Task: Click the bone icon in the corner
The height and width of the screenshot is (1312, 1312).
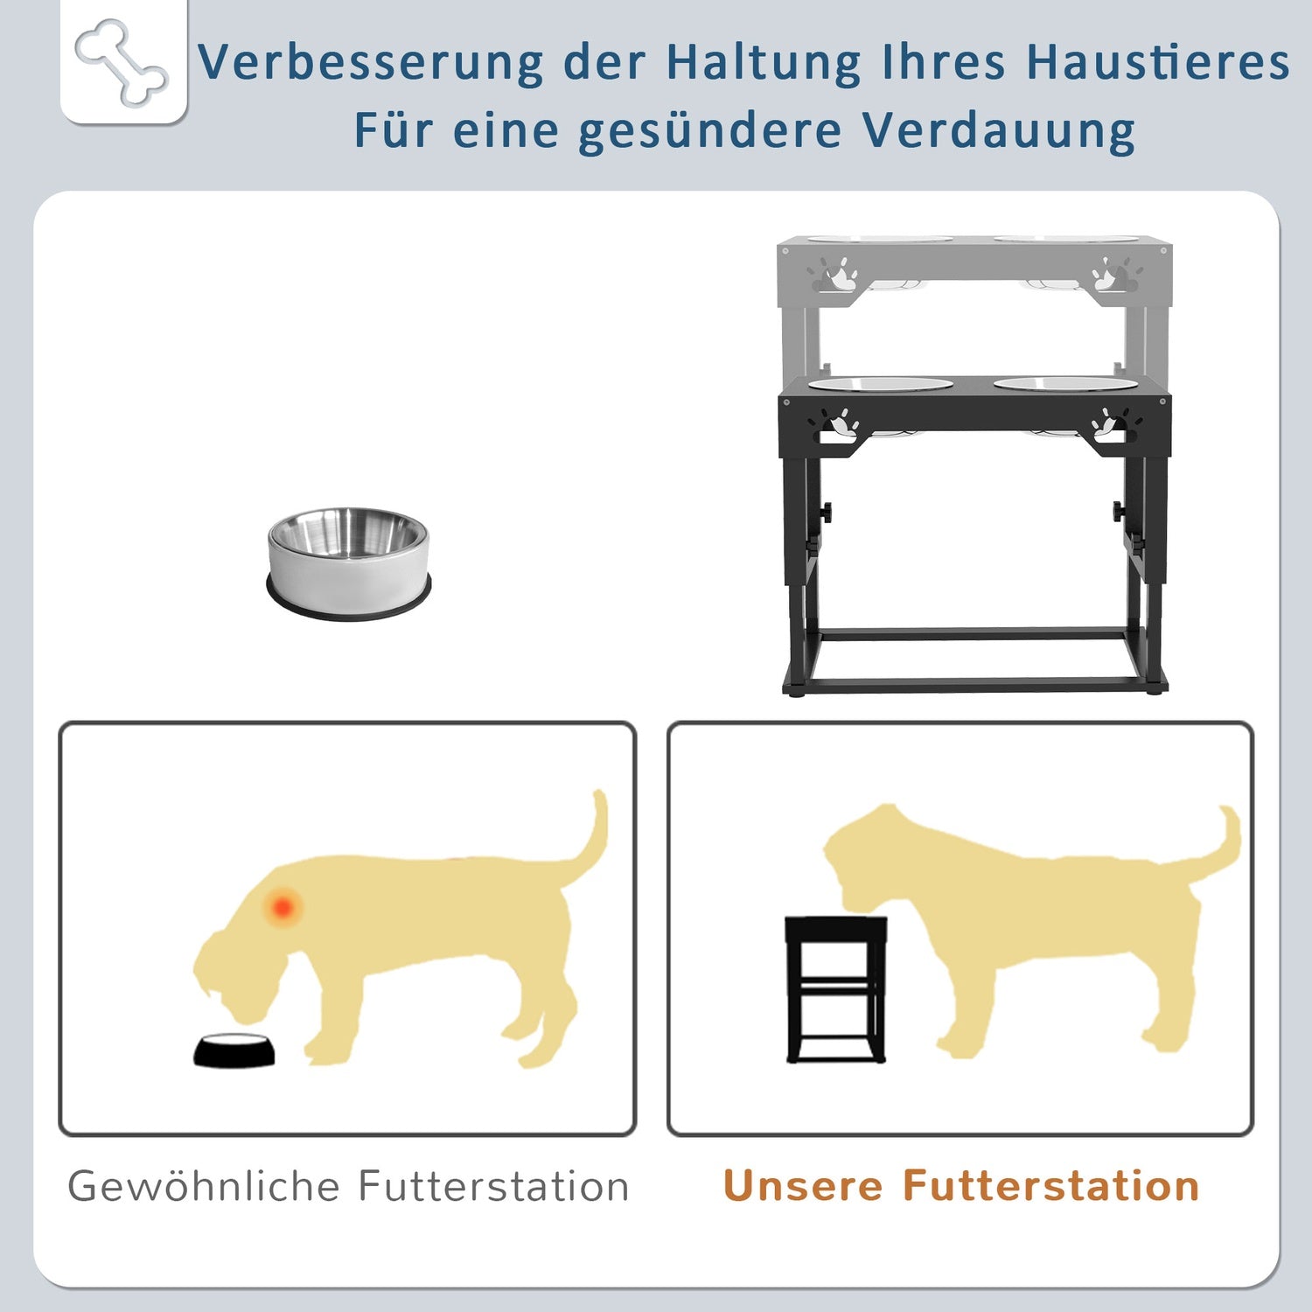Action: coord(122,63)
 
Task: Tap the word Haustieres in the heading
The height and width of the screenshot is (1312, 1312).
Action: coord(1158,62)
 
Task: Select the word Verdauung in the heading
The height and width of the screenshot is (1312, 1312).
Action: coord(999,130)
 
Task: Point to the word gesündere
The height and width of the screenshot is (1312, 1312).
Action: coord(710,132)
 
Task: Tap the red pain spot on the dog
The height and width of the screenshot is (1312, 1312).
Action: coord(283,907)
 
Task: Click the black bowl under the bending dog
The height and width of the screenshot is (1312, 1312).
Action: coord(234,1050)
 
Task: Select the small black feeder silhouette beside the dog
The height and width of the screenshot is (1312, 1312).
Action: coord(836,989)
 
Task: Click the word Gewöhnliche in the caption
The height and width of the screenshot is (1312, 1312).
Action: coord(204,1187)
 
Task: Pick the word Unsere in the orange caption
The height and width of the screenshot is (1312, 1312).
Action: coord(803,1186)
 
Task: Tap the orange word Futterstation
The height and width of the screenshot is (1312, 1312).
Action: coord(1050,1186)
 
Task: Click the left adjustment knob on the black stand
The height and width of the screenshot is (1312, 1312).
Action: coord(825,510)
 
